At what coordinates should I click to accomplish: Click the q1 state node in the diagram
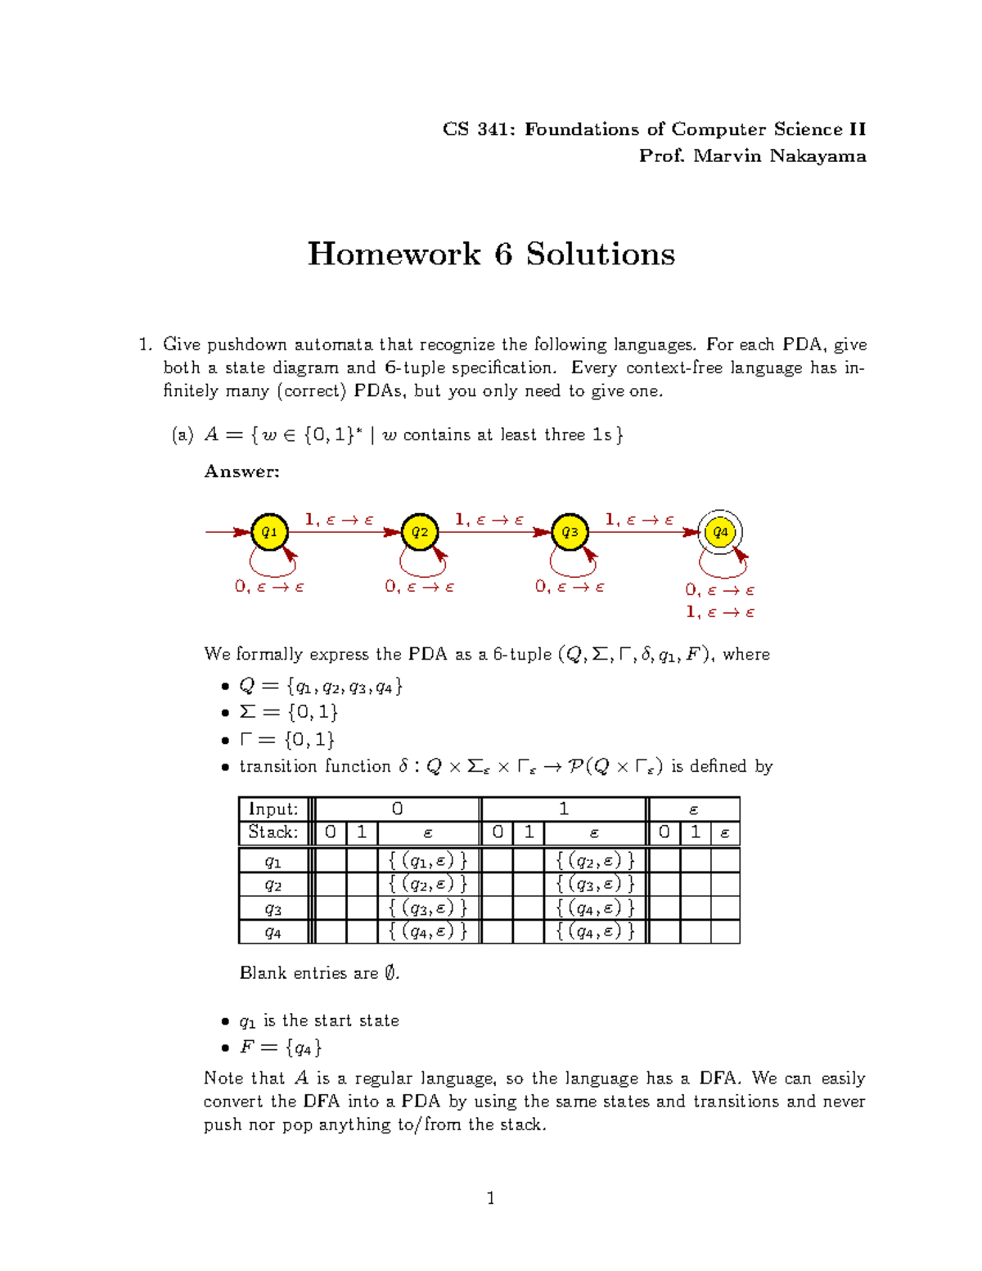point(268,532)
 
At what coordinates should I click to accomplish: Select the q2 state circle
point(419,532)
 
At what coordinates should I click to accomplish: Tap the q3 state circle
point(570,532)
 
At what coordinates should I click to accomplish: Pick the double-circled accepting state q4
point(720,532)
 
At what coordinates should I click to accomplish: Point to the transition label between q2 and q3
point(489,520)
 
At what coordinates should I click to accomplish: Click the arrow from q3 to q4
point(643,532)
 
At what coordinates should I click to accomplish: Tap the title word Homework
point(394,254)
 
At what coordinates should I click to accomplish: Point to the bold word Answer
point(241,471)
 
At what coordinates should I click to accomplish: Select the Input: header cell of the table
point(273,809)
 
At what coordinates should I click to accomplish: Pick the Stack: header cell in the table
point(273,832)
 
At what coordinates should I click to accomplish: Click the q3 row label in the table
point(273,908)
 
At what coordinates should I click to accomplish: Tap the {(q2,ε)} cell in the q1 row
point(595,860)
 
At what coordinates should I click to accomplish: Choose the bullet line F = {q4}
point(280,1047)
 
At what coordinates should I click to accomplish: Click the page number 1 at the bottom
point(490,1199)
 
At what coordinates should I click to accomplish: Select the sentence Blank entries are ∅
point(319,973)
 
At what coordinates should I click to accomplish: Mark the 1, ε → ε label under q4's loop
point(720,612)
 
